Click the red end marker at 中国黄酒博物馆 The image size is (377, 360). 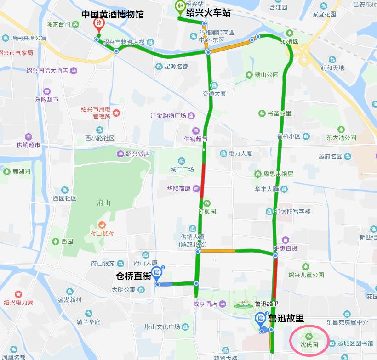(98, 24)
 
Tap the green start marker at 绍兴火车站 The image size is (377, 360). (180, 6)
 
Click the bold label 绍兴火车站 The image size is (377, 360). (208, 14)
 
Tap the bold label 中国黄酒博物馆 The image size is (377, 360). (113, 15)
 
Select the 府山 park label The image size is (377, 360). (104, 202)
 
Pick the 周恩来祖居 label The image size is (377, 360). (278, 174)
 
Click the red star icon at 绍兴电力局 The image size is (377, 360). (18, 294)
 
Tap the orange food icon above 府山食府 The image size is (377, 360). (102, 225)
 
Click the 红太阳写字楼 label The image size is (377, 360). (292, 212)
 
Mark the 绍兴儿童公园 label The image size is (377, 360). (306, 275)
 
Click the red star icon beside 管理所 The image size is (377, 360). (117, 112)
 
